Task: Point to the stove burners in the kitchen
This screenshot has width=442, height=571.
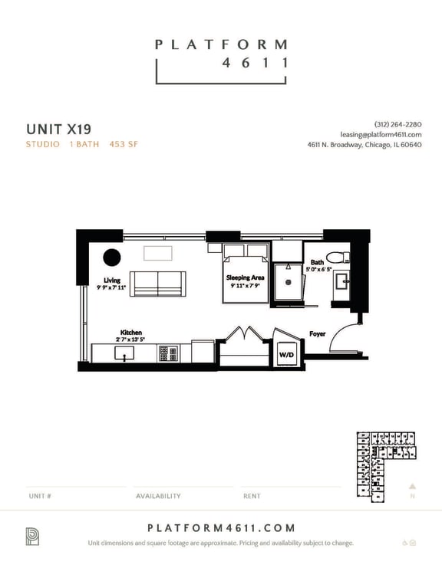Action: (x=168, y=353)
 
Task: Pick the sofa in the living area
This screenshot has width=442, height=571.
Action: (x=157, y=284)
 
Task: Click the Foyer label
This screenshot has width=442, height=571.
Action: (x=317, y=334)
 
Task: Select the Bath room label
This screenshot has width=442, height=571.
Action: (x=317, y=262)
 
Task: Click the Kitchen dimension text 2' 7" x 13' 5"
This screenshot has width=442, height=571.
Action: (x=130, y=339)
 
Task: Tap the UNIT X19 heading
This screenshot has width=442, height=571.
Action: (x=58, y=128)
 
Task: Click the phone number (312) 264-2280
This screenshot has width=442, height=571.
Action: (x=397, y=124)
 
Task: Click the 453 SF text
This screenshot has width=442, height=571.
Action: (x=124, y=144)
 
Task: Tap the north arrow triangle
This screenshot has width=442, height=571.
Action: (x=412, y=485)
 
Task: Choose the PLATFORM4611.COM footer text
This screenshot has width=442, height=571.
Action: (x=220, y=528)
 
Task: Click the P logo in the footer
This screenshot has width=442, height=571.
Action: (x=33, y=537)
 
